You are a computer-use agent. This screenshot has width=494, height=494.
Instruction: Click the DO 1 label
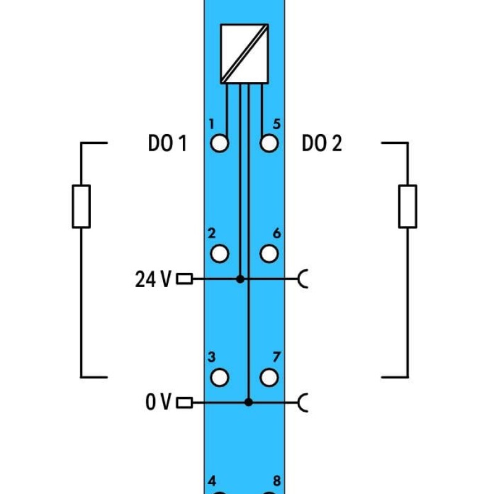(x=167, y=143)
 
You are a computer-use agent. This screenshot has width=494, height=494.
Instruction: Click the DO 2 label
(x=322, y=143)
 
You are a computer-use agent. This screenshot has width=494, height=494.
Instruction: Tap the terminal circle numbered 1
(x=219, y=143)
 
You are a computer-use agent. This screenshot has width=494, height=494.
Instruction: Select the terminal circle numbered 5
(x=269, y=143)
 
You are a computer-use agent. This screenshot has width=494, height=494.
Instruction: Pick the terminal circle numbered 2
(x=219, y=254)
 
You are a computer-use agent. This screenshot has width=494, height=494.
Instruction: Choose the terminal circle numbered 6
(x=269, y=254)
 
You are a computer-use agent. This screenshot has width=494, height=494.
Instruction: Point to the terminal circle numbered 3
(x=219, y=377)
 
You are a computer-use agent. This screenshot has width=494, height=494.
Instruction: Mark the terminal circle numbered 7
(x=269, y=377)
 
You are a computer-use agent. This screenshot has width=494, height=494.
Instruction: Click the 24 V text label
(x=153, y=279)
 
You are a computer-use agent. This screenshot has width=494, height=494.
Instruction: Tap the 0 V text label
(x=159, y=402)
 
